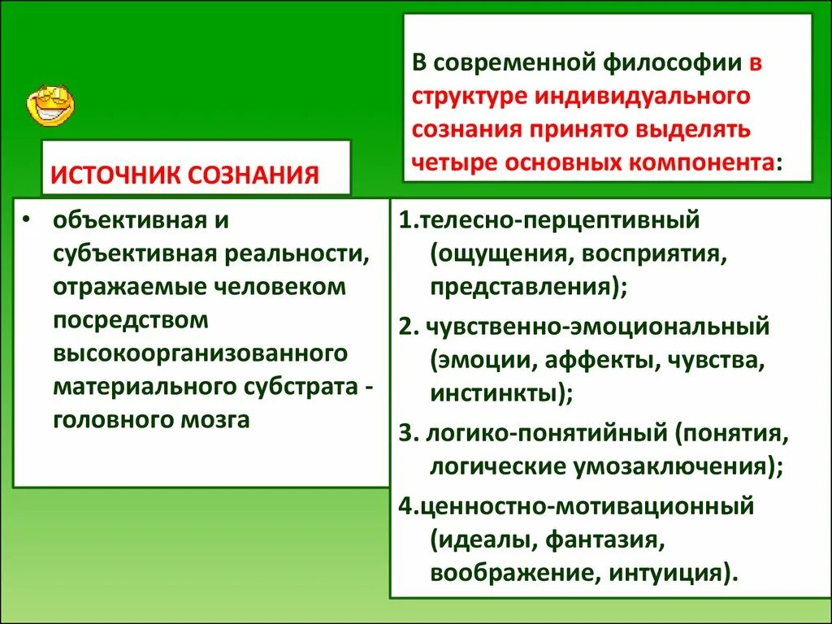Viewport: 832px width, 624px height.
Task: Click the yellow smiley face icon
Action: pos(50,105)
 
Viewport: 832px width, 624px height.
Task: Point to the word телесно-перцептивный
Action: pos(557,221)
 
